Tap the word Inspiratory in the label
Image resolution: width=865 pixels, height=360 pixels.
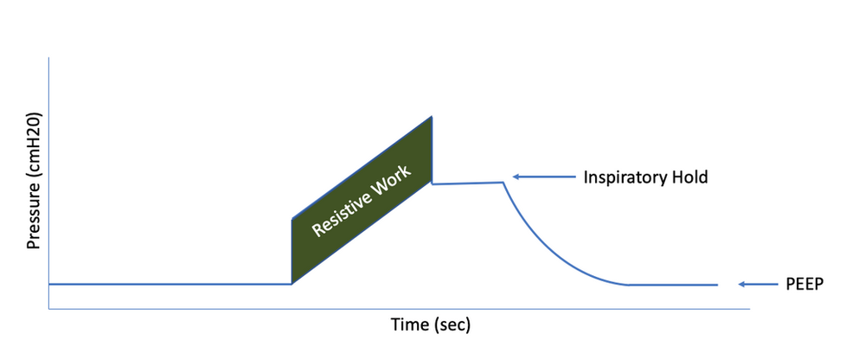pos(625,177)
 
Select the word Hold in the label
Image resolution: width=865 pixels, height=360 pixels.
pos(689,177)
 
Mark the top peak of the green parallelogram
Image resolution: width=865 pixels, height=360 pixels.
pos(431,117)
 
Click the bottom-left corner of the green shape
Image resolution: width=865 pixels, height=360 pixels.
pos(292,283)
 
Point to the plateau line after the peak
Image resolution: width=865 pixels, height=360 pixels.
pos(467,183)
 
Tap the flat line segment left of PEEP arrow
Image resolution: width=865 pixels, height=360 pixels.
pos(675,285)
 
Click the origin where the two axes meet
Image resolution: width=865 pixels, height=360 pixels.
pos(49,308)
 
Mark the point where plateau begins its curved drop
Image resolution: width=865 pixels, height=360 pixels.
pos(503,182)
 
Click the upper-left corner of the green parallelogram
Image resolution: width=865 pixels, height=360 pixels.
pos(292,220)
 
